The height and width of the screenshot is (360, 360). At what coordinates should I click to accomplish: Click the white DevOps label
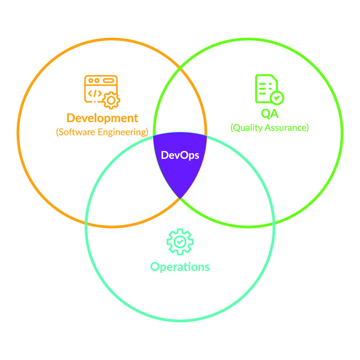(180, 156)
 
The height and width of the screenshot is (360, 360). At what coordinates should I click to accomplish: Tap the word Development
(102, 118)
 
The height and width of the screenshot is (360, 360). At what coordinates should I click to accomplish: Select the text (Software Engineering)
(102, 132)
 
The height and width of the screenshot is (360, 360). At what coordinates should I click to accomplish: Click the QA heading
(270, 114)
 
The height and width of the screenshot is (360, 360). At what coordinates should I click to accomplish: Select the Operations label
(180, 267)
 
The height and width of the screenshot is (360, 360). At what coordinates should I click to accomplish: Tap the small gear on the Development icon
(111, 100)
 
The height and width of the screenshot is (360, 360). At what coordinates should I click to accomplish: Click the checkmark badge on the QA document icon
(277, 98)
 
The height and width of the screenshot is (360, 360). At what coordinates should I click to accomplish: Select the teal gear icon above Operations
(180, 242)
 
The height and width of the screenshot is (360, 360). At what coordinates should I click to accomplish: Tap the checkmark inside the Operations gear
(180, 242)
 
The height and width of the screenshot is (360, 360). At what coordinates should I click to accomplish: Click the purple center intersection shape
(180, 161)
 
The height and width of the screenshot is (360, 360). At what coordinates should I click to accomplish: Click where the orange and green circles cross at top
(180, 68)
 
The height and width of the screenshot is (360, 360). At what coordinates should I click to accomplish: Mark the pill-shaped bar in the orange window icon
(109, 81)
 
